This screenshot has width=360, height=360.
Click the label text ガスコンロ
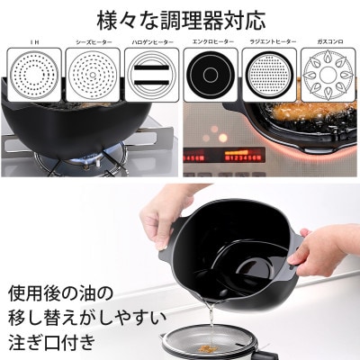[x=325, y=42]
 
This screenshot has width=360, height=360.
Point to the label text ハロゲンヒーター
[x=150, y=42]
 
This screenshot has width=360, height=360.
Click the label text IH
[x=35, y=42]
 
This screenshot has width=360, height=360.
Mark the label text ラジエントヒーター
[x=267, y=42]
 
